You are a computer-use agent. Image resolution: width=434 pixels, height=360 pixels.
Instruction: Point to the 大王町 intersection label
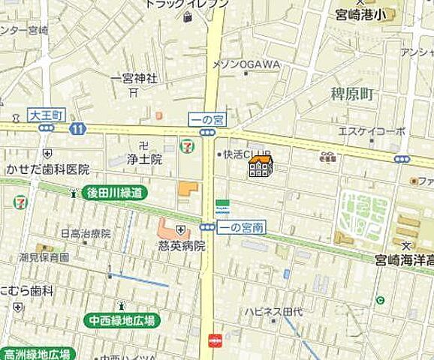pyautogui.click(x=47, y=115)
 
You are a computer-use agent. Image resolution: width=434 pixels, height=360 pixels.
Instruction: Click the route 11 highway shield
pyautogui.click(x=77, y=129)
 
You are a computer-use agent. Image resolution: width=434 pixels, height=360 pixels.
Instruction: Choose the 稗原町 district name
pyautogui.click(x=352, y=94)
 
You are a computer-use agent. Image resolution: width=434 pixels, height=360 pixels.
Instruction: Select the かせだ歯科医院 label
pyautogui.click(x=47, y=169)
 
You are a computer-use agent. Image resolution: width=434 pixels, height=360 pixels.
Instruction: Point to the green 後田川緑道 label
pyautogui.click(x=114, y=193)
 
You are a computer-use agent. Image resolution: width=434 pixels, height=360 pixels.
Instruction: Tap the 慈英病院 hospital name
pyautogui.click(x=181, y=244)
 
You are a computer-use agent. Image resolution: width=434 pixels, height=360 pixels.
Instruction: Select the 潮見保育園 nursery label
pyautogui.click(x=44, y=257)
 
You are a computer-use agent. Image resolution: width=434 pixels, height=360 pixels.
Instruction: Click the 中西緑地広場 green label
pyautogui.click(x=121, y=319)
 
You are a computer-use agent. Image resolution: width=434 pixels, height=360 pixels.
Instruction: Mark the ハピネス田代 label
pyautogui.click(x=272, y=310)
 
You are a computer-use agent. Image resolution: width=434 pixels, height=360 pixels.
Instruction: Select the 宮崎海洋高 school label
pyautogui.click(x=405, y=260)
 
